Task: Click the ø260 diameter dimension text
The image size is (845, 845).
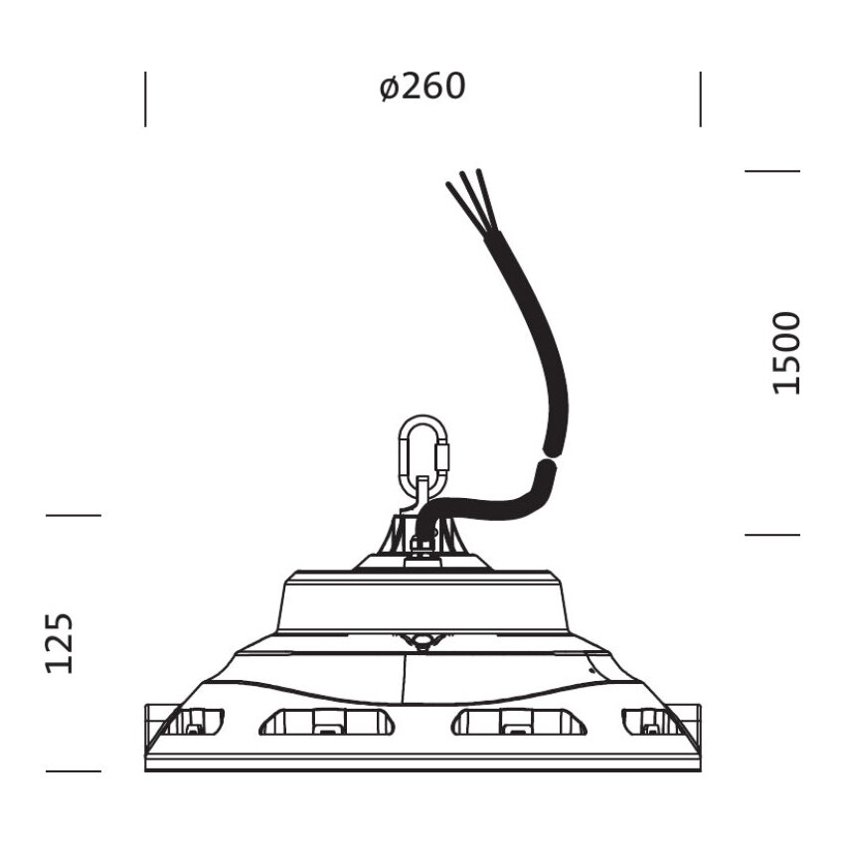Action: [422, 87]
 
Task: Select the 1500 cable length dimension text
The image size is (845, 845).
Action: [786, 353]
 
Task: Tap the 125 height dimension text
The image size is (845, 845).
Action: [60, 642]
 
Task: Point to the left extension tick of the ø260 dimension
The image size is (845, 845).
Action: [145, 98]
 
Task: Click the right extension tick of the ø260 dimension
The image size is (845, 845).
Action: [700, 98]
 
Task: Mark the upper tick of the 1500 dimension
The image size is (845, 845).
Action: [772, 171]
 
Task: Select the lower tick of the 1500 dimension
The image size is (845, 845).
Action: [772, 535]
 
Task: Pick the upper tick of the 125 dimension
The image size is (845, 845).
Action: [74, 515]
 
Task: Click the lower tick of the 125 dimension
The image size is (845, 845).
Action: [74, 770]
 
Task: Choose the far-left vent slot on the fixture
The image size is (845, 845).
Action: [195, 721]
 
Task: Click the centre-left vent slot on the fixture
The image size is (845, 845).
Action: [327, 722]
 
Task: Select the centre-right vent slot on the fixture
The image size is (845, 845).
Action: [518, 722]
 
